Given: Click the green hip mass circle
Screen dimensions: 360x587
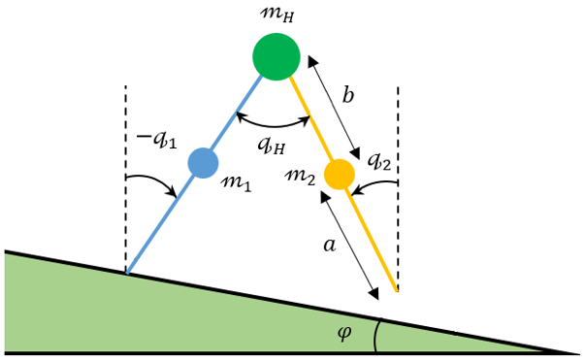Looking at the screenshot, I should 277,56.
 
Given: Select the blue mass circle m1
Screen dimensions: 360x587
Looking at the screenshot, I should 202,162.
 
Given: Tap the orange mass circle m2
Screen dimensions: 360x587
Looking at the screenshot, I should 339,175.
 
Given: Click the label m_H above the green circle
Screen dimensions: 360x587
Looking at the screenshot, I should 277,14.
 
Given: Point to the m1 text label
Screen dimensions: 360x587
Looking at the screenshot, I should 236,182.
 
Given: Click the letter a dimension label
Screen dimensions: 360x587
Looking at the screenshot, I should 328,246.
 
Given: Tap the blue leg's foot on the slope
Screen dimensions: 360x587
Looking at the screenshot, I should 128,273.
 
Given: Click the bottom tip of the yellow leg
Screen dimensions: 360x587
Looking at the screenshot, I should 396,289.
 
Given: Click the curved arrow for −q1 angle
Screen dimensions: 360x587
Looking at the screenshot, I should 155,181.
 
